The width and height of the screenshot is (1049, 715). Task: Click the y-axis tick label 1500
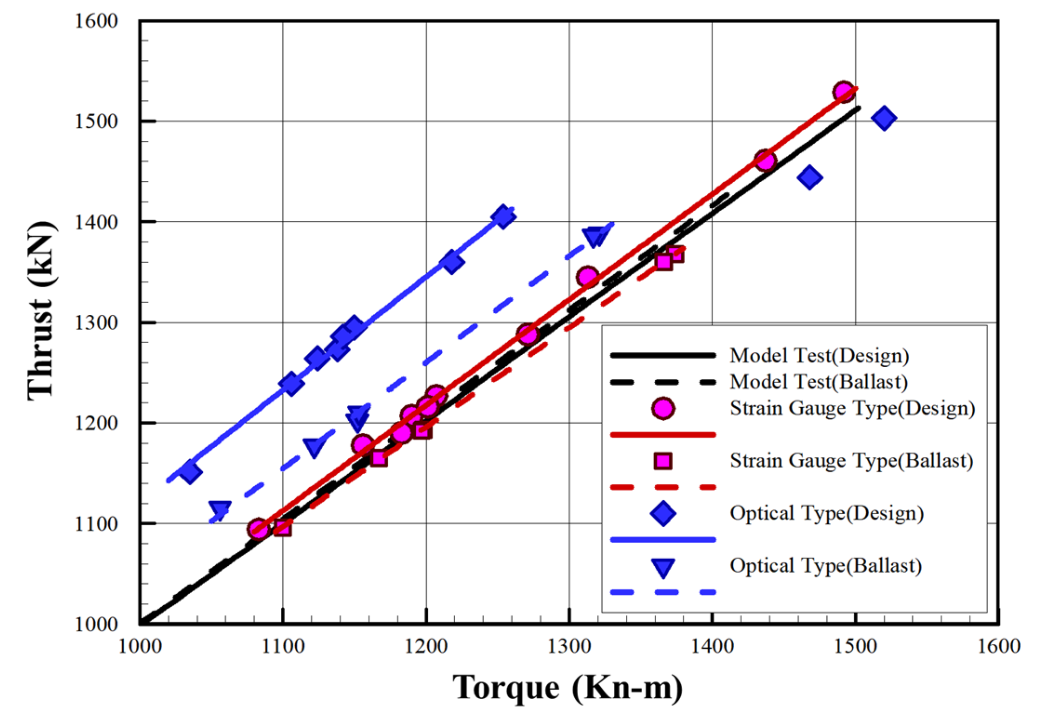pos(96,121)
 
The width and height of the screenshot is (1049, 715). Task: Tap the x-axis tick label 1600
pos(998,647)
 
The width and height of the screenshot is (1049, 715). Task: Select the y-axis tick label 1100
pos(96,524)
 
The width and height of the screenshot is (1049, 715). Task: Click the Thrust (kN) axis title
pos(41,311)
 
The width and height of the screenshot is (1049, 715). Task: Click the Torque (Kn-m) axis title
pos(568,687)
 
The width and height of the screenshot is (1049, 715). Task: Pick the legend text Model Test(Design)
pos(819,356)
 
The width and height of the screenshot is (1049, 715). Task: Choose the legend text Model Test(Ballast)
pos(818,382)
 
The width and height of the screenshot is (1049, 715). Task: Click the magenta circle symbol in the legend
pos(663,409)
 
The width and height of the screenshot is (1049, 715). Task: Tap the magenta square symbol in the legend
pos(663,461)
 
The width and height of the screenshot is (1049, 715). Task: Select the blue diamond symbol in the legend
pos(663,513)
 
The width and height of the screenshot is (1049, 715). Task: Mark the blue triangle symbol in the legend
pos(663,567)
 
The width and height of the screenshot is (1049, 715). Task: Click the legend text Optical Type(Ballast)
pos(825,566)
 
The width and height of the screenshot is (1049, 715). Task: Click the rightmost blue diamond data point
pos(884,118)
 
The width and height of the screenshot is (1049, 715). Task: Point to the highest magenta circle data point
pos(843,92)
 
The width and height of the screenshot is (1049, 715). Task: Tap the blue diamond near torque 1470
pos(810,177)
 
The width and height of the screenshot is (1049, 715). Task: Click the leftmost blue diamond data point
pos(190,472)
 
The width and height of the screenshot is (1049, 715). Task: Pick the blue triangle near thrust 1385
pos(595,236)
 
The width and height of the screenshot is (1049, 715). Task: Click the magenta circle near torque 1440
pos(765,161)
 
